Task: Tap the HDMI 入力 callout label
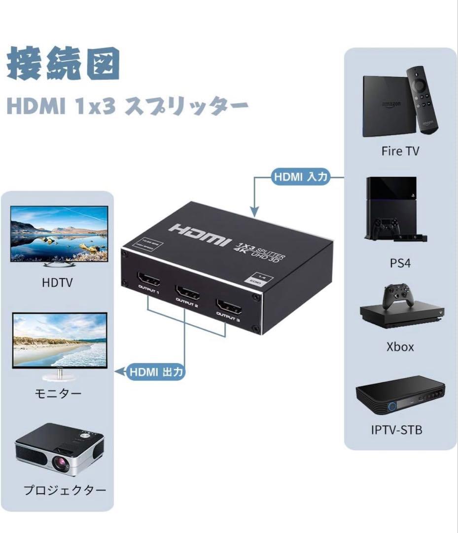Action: tap(300, 177)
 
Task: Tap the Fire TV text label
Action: tap(400, 151)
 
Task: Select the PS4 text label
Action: tap(400, 263)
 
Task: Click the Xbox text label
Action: tap(400, 346)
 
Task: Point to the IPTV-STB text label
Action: tap(396, 429)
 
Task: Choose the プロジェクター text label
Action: tap(65, 490)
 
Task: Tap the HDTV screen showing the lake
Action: tap(59, 233)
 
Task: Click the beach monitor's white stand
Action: tap(58, 376)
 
